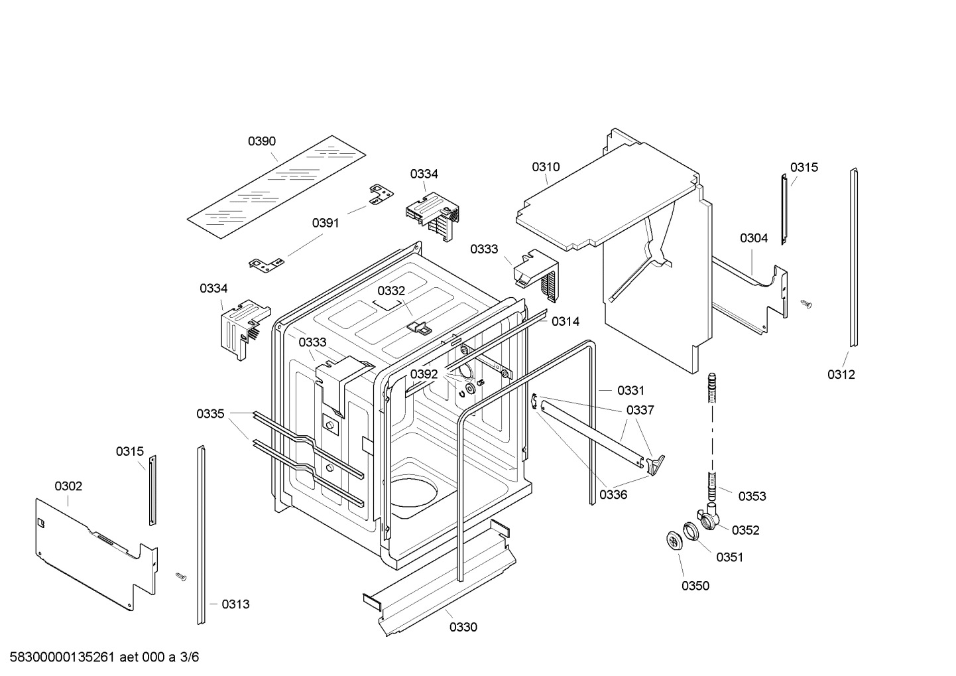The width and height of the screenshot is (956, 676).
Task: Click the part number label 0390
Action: point(262,141)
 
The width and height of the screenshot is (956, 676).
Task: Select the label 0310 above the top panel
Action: point(546,167)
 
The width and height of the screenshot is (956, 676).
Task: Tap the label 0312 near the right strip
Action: point(841,374)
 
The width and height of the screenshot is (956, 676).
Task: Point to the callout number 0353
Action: point(752,496)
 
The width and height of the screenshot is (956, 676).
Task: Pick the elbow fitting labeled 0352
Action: point(711,517)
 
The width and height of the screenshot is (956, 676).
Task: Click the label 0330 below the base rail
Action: point(463,627)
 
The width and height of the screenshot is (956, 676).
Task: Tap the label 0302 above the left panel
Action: point(68,486)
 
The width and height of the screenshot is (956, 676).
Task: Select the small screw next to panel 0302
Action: point(180,576)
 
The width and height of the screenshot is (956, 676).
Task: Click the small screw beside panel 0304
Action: point(806,304)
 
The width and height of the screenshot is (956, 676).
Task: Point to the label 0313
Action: point(235,604)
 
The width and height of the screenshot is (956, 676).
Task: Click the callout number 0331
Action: point(630,391)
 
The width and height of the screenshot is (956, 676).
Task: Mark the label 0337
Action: point(640,410)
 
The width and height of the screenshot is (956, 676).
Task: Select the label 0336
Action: point(613,494)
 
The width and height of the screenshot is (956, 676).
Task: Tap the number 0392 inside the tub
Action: point(424,374)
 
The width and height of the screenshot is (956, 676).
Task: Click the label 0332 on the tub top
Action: point(391,291)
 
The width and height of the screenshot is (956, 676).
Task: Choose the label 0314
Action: point(566,322)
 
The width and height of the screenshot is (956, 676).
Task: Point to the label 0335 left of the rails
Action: point(210,414)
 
